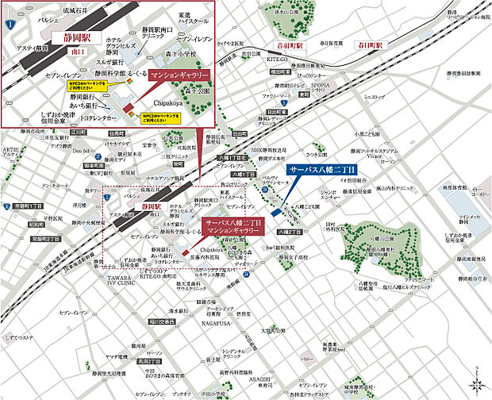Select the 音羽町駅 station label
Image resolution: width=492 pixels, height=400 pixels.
[290, 46]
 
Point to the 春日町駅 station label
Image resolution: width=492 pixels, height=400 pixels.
[369, 46]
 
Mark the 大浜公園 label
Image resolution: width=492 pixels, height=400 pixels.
[275, 330]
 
